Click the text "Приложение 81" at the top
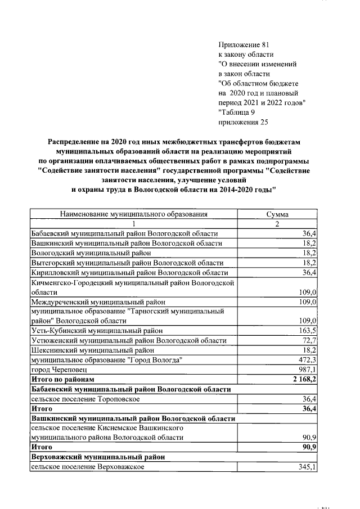243,44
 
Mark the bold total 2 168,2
304,379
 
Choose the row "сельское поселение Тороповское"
85,399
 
